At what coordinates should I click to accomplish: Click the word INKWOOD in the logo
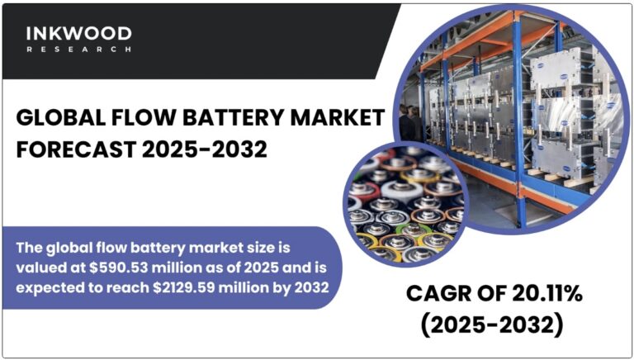[x=78, y=34]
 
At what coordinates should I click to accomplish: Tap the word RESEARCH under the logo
[x=78, y=50]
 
